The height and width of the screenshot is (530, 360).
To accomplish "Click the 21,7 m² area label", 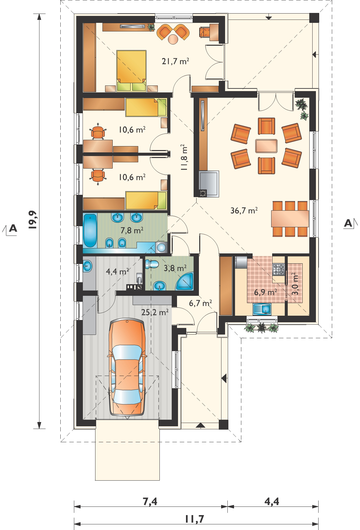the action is click(175, 61).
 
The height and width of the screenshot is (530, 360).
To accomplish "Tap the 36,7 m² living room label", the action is click(244, 210).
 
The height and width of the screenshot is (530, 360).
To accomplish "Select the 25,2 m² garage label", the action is click(155, 312).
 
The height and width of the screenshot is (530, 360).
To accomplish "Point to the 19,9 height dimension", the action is click(32, 220).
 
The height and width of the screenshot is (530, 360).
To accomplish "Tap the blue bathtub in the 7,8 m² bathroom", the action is click(90, 231).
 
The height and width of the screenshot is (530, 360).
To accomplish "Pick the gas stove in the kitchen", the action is click(278, 270).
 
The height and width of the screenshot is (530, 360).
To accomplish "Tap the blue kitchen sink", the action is click(262, 309).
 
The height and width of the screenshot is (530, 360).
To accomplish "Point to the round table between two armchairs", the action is click(173, 39).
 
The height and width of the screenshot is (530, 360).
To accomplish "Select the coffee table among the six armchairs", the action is click(266, 146).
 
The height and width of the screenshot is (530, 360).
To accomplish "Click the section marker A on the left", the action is click(13, 229).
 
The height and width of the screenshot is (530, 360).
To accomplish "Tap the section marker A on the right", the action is click(348, 223).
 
